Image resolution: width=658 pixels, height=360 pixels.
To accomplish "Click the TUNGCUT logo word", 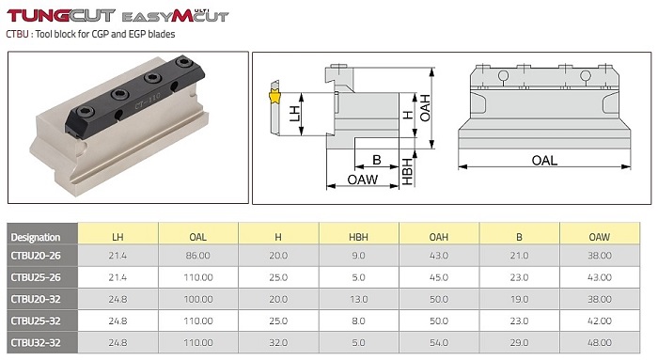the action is [x=61, y=16].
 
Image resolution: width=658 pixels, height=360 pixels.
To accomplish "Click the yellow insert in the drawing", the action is [x=274, y=98].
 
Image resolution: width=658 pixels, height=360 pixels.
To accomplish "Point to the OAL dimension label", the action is [x=544, y=161].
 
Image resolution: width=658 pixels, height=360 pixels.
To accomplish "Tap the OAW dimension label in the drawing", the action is [x=363, y=180].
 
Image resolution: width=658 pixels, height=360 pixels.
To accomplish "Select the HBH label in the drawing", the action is [x=407, y=172].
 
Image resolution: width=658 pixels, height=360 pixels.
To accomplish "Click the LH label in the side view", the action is [x=295, y=114].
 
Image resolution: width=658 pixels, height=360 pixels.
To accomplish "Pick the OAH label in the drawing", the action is [x=425, y=108].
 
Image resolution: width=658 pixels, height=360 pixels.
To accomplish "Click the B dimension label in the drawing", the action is [x=376, y=160].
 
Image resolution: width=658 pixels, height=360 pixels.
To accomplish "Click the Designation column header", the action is [x=36, y=237].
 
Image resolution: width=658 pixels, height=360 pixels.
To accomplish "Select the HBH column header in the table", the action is [x=358, y=237].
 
